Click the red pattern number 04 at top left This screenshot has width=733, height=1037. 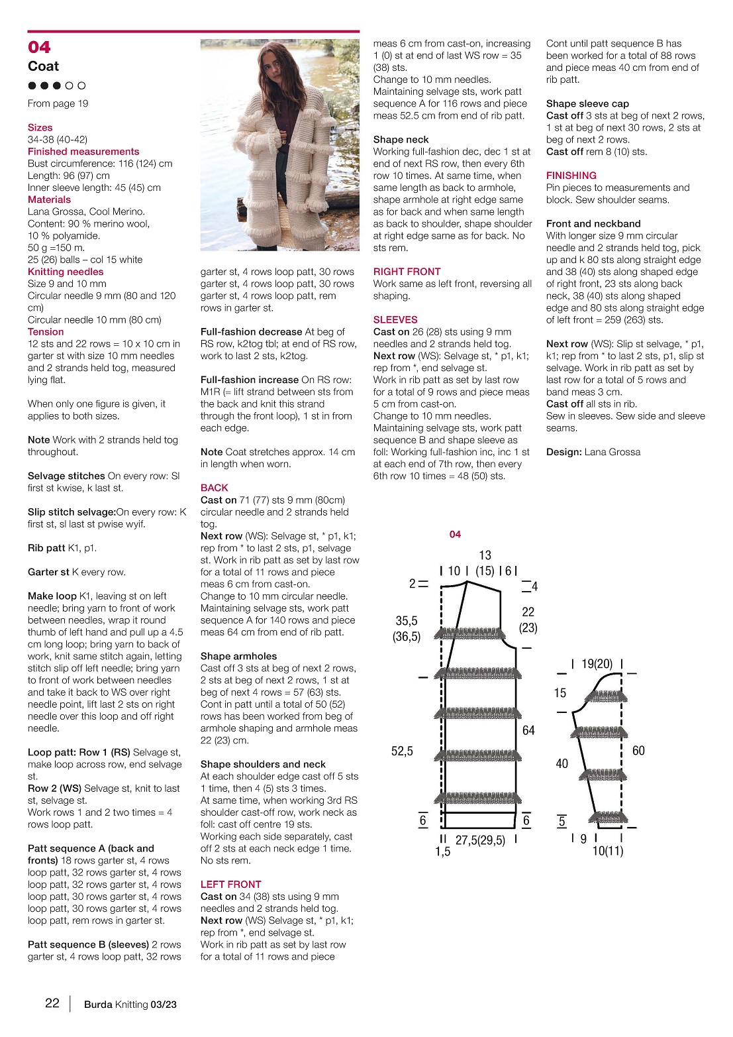coord(39,47)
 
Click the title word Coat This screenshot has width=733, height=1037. coord(43,66)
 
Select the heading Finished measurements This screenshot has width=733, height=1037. coord(83,152)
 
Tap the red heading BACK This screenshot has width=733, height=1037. coord(214,488)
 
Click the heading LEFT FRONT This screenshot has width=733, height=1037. coord(230,885)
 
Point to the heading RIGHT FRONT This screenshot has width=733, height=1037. coord(407,272)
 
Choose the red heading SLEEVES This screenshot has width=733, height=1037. coord(395,319)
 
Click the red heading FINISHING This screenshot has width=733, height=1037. coord(571,176)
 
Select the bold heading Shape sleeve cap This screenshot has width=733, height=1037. coord(587,103)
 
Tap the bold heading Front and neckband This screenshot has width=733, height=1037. coord(593,224)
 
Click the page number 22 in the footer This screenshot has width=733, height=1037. coord(52,1003)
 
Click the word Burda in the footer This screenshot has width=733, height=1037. coord(98,1005)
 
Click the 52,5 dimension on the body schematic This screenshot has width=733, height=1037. coord(402,751)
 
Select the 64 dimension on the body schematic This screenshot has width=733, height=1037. coord(528,730)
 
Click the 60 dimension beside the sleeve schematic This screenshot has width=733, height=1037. coord(638,751)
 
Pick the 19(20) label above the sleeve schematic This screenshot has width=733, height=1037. coord(597,664)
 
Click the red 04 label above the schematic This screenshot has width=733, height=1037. coord(455,534)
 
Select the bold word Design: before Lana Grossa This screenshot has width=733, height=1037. coord(563,452)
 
